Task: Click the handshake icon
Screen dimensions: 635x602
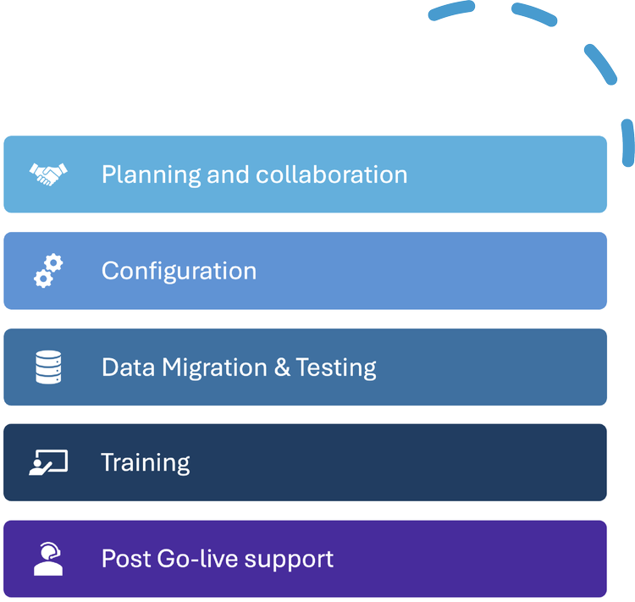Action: (48, 174)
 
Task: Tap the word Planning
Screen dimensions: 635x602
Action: (151, 175)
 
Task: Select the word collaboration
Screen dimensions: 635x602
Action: (331, 174)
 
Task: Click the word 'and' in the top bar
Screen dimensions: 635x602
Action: (228, 174)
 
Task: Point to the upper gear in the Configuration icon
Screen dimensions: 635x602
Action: (54, 263)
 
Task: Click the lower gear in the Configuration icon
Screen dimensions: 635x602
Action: (43, 279)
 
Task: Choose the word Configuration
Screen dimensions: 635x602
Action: (179, 271)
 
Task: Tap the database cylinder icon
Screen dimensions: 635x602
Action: (48, 367)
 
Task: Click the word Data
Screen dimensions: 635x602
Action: (128, 367)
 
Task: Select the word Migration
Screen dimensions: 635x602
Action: (215, 367)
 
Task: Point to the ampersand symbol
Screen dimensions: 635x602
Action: (282, 367)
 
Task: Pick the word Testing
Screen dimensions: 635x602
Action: (336, 367)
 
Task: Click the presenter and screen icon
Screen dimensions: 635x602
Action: (48, 462)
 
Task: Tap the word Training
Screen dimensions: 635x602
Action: (146, 463)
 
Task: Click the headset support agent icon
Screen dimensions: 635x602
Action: (48, 559)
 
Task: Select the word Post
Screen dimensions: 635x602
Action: (126, 559)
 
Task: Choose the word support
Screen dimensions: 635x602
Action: (290, 560)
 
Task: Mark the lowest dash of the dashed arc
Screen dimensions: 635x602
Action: (628, 142)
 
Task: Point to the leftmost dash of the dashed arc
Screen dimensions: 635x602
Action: (451, 9)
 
